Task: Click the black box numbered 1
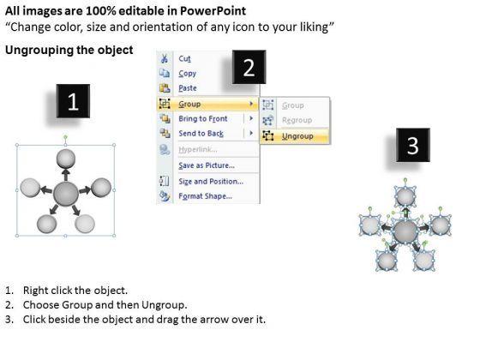(x=73, y=101)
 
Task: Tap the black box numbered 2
(x=249, y=67)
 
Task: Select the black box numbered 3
(x=413, y=145)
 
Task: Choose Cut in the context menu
(x=184, y=58)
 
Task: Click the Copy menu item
(x=188, y=74)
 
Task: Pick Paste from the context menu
(x=188, y=88)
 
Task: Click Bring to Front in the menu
(x=203, y=118)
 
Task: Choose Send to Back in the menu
(x=201, y=134)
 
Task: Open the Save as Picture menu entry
(x=207, y=165)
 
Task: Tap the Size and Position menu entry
(x=211, y=181)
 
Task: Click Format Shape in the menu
(x=206, y=196)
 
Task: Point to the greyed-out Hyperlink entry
(x=198, y=149)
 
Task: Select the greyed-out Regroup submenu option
(x=297, y=120)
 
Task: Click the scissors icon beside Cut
(x=165, y=58)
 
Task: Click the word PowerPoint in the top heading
(x=213, y=11)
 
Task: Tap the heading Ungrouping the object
(x=69, y=50)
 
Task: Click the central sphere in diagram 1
(x=66, y=194)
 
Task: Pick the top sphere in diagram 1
(x=66, y=159)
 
